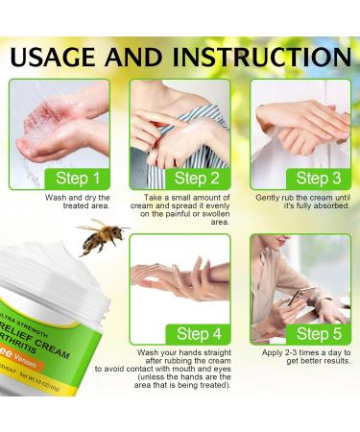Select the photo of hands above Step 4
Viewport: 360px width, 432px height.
click(180, 278)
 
